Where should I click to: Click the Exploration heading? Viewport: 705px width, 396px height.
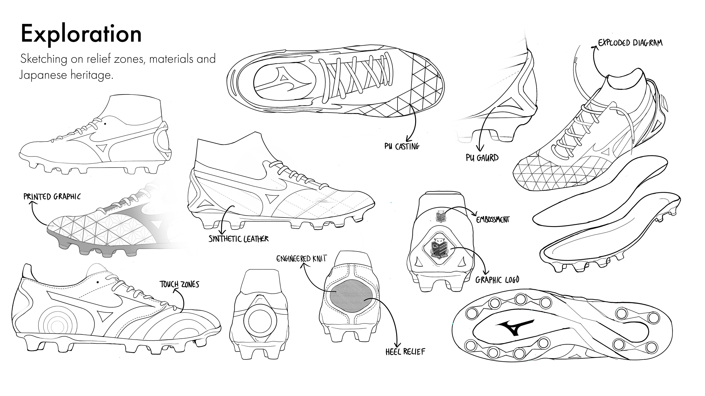[x=81, y=34]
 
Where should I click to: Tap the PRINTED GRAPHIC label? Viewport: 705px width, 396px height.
[x=52, y=197]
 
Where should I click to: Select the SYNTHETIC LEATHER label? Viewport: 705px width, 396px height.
[x=238, y=239]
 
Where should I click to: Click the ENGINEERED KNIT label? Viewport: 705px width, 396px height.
[x=301, y=258]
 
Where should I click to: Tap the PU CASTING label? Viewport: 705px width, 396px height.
[x=402, y=146]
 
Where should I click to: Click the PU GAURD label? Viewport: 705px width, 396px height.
[x=482, y=158]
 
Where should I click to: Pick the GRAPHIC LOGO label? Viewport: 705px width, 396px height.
[x=497, y=280]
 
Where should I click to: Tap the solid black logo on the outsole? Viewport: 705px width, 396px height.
[x=514, y=327]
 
